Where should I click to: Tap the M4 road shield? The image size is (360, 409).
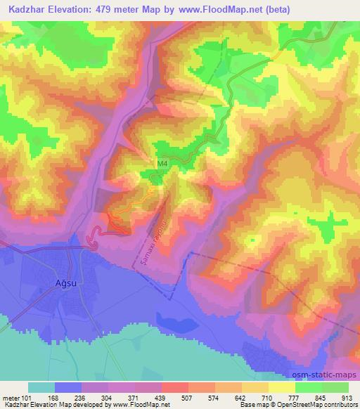click(x=163, y=164)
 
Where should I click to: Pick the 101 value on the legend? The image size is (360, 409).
click(x=27, y=397)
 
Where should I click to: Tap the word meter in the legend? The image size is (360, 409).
click(x=10, y=397)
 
